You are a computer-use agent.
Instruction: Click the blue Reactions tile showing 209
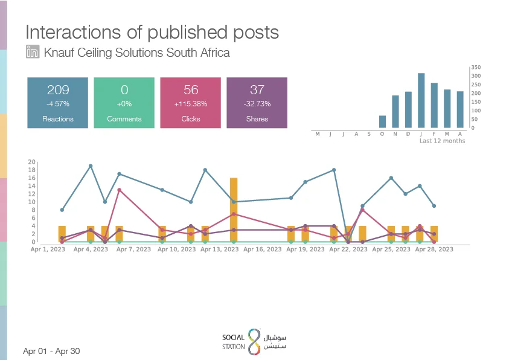(58, 103)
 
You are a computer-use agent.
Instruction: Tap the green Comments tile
(124, 103)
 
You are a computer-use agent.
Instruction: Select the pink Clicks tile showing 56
(191, 103)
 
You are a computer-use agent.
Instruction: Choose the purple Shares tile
(257, 103)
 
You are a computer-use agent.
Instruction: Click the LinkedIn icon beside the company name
(33, 51)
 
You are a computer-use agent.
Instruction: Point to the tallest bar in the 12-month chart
(421, 100)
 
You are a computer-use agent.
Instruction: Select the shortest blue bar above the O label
(382, 122)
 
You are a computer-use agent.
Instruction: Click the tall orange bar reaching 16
(234, 210)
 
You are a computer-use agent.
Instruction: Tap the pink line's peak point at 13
(120, 190)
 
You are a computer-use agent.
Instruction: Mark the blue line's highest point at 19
(91, 166)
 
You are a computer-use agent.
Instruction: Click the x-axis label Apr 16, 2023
(262, 249)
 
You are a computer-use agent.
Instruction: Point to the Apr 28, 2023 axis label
(434, 249)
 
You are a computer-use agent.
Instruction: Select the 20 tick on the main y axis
(31, 162)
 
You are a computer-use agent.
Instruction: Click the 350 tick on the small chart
(476, 67)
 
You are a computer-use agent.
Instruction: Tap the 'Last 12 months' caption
(442, 141)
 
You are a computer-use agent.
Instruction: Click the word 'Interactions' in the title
(74, 32)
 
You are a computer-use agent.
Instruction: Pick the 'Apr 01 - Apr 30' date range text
(51, 351)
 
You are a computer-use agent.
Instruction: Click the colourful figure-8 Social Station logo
(255, 341)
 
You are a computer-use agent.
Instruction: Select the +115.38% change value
(191, 104)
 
